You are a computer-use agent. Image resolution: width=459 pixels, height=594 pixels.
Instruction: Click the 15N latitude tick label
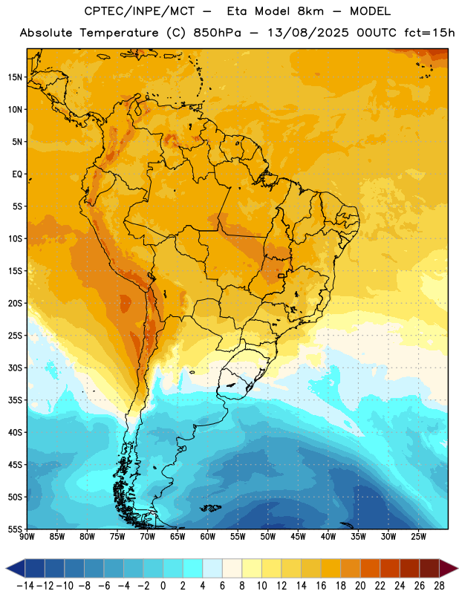pos(15,77)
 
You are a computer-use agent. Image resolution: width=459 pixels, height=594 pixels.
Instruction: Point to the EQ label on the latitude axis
pos(17,174)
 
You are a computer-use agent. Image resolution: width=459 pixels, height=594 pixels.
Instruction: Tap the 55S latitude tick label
pos(15,529)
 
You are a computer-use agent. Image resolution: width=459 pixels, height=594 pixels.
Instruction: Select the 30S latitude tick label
pos(15,368)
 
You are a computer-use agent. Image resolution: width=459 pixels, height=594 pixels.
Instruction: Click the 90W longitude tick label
pos(27,536)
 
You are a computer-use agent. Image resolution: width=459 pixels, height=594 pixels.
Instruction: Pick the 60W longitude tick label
pos(208,536)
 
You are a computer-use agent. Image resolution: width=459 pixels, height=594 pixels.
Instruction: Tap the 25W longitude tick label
pos(418,536)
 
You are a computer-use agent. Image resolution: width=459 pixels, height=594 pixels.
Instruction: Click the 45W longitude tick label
pos(298,536)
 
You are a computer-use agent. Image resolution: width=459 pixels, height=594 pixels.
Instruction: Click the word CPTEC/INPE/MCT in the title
pos(140,11)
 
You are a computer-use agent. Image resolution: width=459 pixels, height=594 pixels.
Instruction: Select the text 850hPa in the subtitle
pos(217,33)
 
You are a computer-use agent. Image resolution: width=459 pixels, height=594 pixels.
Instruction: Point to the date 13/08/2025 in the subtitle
pos(307,33)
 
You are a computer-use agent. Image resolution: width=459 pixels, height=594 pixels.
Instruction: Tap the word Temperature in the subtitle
pos(119,33)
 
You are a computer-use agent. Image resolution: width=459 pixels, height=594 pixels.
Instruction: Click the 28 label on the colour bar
pos(439,586)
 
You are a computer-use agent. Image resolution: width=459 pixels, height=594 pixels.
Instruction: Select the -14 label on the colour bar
pos(25,586)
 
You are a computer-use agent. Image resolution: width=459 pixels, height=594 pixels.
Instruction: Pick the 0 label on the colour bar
pos(163,586)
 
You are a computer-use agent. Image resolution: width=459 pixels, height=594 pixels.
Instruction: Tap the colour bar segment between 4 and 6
pos(212,568)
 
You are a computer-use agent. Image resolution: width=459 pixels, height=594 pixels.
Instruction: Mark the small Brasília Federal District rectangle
pos(281,275)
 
